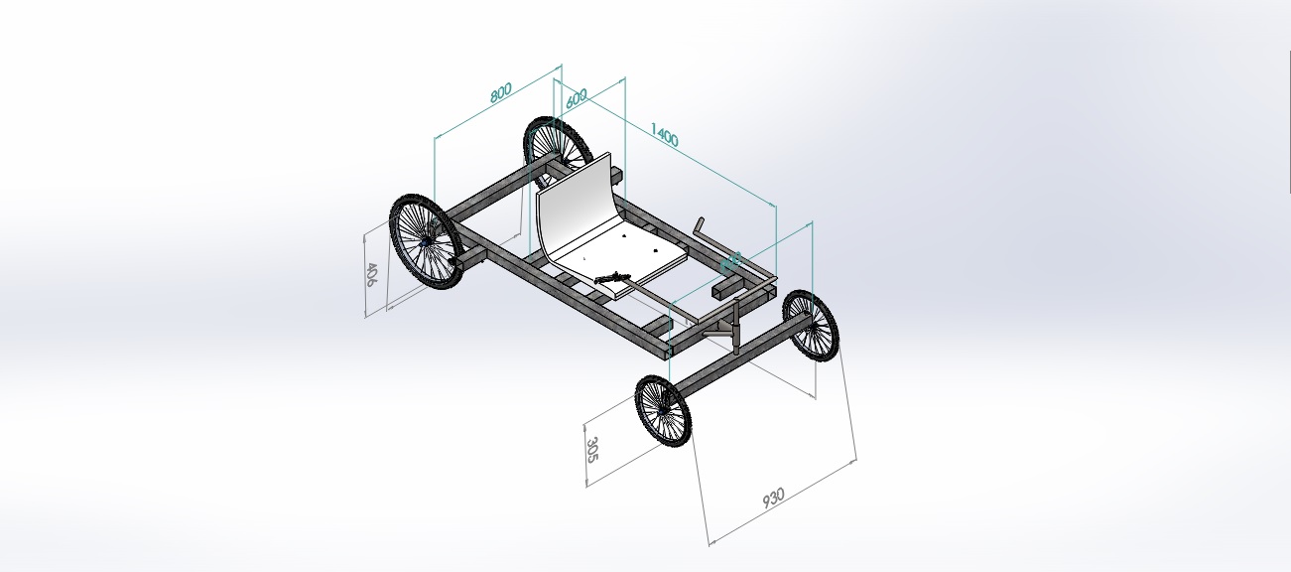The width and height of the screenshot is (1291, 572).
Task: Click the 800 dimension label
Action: (501, 91)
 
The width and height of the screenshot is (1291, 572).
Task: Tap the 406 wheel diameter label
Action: (371, 275)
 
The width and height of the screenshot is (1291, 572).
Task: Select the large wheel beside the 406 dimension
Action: (425, 241)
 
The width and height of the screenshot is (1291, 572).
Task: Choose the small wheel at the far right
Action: (811, 325)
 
